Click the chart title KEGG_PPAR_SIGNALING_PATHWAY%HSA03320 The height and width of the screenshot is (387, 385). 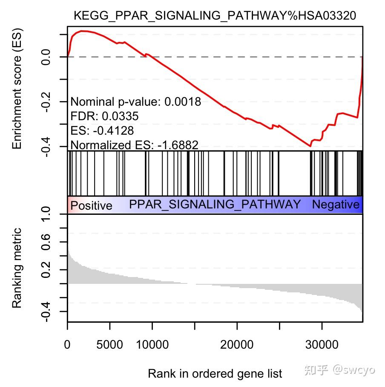click(x=215, y=15)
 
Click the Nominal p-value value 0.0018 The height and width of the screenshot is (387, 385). click(x=183, y=102)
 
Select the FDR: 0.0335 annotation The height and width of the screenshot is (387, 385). click(x=104, y=116)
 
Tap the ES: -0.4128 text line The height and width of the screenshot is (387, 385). click(x=102, y=130)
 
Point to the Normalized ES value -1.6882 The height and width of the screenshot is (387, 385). click(x=178, y=145)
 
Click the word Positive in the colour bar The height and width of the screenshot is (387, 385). click(x=91, y=206)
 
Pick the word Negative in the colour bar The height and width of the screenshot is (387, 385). click(x=336, y=205)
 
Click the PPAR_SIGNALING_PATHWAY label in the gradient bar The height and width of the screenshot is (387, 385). click(x=215, y=204)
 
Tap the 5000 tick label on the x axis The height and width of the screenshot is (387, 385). click(x=110, y=344)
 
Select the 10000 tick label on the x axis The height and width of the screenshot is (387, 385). click(x=152, y=344)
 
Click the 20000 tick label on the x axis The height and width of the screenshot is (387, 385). click(x=237, y=344)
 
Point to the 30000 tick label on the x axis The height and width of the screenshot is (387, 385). click(x=322, y=344)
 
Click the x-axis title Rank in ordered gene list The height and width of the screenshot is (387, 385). click(x=215, y=374)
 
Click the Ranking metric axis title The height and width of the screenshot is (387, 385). click(x=17, y=268)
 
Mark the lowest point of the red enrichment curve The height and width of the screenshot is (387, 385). click(x=310, y=146)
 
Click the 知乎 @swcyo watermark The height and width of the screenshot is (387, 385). click(x=339, y=369)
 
